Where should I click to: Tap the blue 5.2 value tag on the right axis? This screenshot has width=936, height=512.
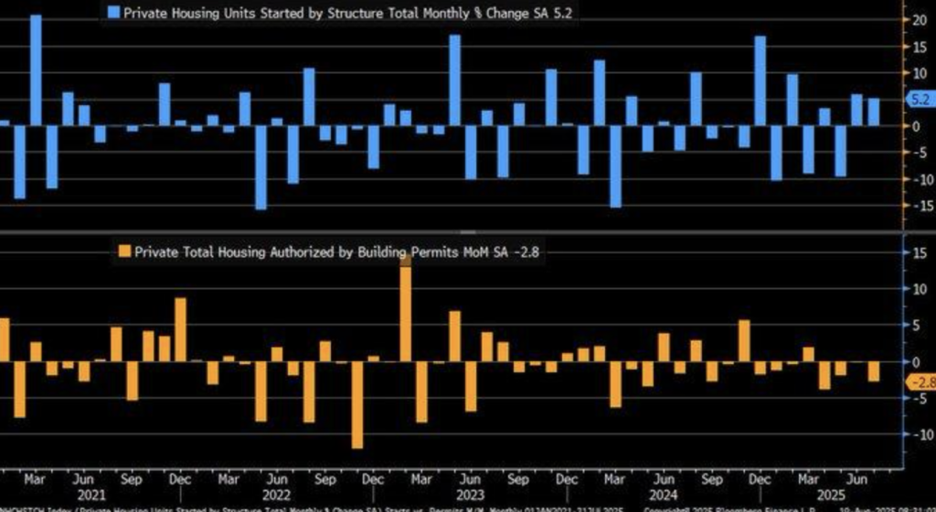coord(919,99)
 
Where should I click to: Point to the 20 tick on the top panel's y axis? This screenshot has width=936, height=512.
coord(914,19)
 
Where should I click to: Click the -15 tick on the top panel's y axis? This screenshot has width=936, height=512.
coord(914,206)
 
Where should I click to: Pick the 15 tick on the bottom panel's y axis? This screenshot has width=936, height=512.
coord(914,253)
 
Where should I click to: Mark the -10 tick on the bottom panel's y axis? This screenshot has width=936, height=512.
coord(914,435)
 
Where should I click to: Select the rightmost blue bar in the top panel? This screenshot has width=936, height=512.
coord(873,112)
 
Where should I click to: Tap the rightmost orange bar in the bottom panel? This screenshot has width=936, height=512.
coord(873,371)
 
